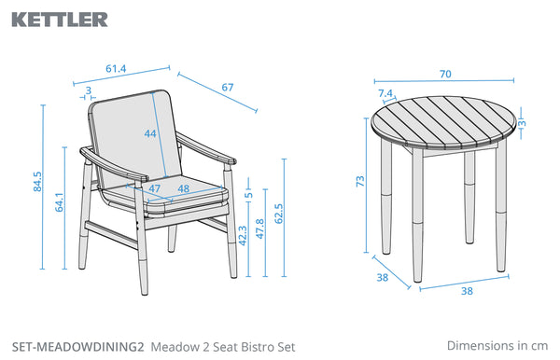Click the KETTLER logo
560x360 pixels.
click(x=60, y=20)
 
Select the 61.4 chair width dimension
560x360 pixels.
click(x=116, y=68)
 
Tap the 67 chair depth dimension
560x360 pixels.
click(x=228, y=87)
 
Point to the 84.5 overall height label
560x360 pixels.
click(x=37, y=182)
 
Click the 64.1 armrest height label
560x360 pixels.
click(x=60, y=202)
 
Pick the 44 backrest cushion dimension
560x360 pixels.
click(x=150, y=133)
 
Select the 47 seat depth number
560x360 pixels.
click(x=154, y=188)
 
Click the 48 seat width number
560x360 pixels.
click(x=183, y=188)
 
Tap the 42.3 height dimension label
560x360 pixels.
click(x=243, y=235)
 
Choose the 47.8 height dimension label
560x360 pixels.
click(x=260, y=228)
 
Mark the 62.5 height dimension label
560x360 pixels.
click(x=279, y=214)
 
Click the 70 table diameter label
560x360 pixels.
click(x=445, y=74)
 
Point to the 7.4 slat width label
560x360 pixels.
click(x=385, y=93)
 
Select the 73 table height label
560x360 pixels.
click(x=360, y=181)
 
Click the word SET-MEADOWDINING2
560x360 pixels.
click(x=78, y=347)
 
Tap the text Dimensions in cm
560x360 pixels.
click(x=497, y=345)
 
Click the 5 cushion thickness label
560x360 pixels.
click(x=249, y=195)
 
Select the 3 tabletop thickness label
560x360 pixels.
click(x=522, y=123)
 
